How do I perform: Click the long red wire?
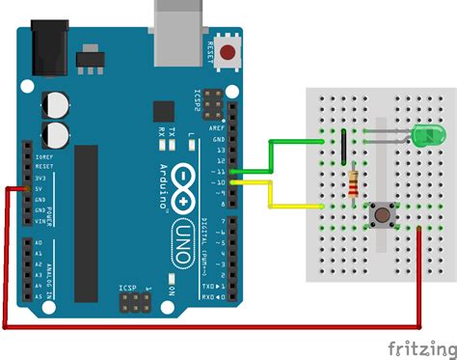pos(212,328)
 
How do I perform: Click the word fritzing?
pos(420,346)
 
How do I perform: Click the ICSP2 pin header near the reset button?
pos(211,104)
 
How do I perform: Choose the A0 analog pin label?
pos(38,242)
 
